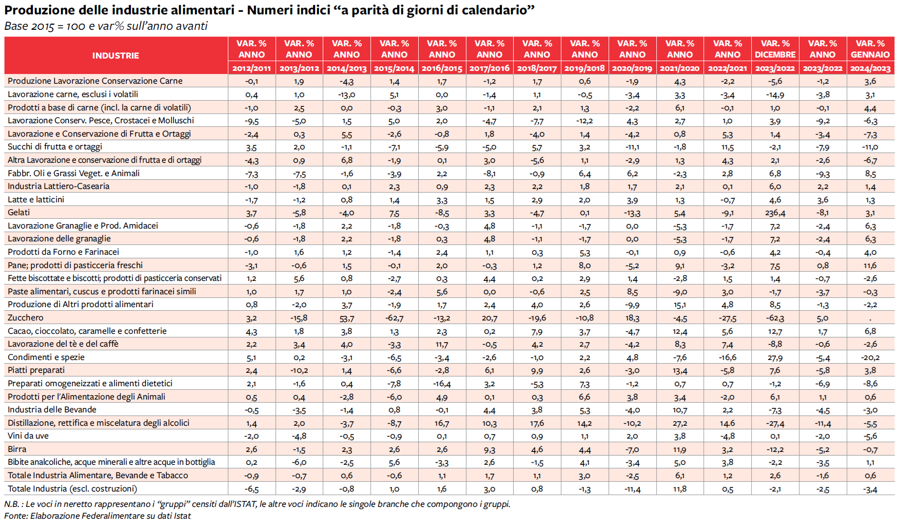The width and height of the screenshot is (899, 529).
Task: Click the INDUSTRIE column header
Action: [x=115, y=55]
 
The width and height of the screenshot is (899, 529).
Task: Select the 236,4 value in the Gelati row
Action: [x=775, y=213]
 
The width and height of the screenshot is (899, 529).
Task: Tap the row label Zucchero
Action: [x=26, y=317]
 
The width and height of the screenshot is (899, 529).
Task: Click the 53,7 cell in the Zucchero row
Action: [x=346, y=318]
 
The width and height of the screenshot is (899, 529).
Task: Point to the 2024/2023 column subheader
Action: [x=870, y=68]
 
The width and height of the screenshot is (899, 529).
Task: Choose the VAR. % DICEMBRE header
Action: [x=775, y=49]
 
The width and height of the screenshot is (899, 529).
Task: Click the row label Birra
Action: [x=17, y=449]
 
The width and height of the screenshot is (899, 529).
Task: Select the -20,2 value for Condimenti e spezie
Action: [x=870, y=357]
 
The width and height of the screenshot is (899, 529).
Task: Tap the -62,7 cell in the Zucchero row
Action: [x=394, y=318]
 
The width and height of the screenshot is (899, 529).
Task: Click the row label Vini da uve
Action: [x=28, y=436]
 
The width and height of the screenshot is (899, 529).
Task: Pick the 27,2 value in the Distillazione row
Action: [x=680, y=423]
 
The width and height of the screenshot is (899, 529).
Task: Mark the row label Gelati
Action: [x=18, y=212]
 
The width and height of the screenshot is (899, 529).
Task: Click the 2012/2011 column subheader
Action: [x=251, y=68]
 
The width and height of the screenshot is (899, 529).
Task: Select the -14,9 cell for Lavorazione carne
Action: [x=775, y=95]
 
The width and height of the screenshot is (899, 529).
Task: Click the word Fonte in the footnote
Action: [x=15, y=516]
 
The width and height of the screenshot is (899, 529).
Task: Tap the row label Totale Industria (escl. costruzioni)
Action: [x=72, y=488]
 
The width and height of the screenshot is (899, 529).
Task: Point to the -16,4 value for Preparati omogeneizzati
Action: [x=442, y=384]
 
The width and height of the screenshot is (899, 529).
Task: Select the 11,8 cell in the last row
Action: [x=680, y=489]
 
